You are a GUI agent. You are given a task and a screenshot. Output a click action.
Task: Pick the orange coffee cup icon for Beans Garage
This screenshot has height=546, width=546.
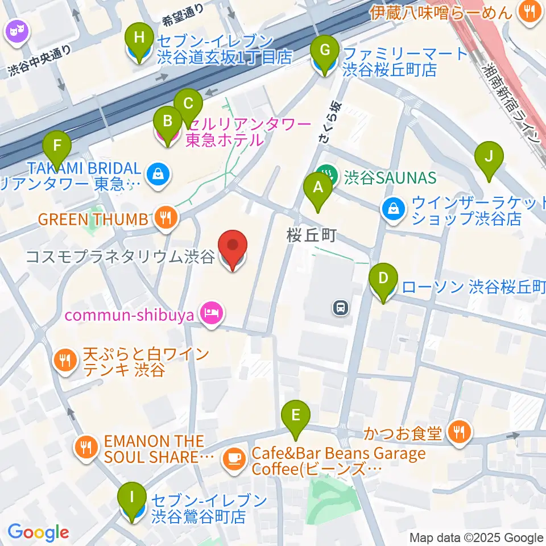pos(234,457)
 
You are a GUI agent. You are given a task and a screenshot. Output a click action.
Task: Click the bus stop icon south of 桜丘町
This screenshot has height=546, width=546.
pos(340,308)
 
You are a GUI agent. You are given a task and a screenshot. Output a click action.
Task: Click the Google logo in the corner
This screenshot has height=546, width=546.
pos(38,532)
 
